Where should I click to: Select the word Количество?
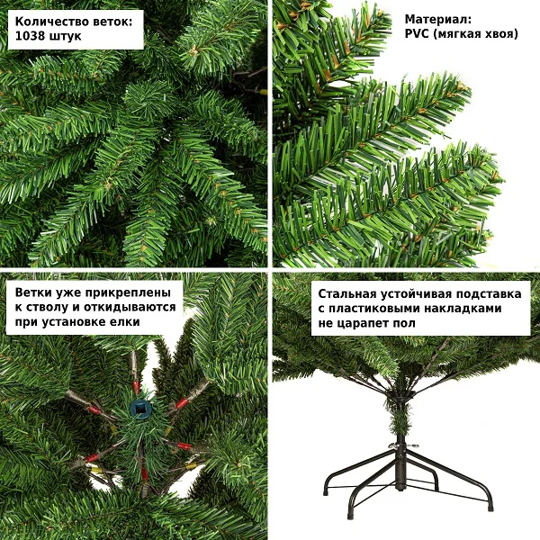pyautogui.click(x=51, y=22)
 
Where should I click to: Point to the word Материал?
pyautogui.click(x=438, y=20)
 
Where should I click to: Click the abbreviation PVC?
pyautogui.click(x=417, y=34)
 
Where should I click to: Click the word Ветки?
pyautogui.click(x=33, y=292)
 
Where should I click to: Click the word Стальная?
pyautogui.click(x=347, y=294)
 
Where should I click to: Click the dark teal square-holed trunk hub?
pyautogui.click(x=141, y=409)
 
